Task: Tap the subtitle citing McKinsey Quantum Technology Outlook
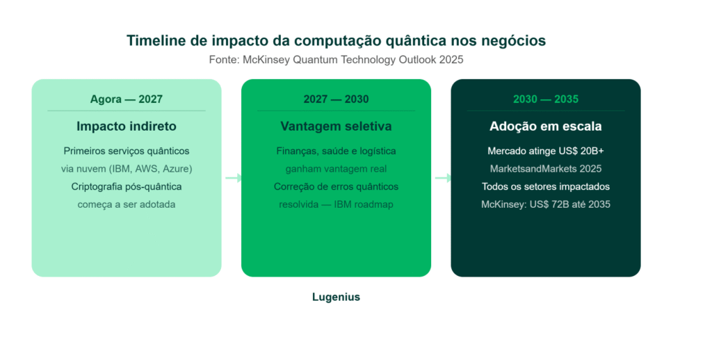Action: point(336,60)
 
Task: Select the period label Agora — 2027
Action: point(127,99)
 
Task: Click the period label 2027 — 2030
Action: point(336,99)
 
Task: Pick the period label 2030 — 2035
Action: point(546,99)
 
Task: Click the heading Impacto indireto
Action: point(127,126)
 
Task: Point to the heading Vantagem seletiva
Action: point(336,126)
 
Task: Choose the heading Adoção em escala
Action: point(546,126)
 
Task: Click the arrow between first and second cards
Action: point(234,178)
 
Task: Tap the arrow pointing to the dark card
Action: point(443,178)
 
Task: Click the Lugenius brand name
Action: point(336,297)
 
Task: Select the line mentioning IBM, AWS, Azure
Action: point(127,169)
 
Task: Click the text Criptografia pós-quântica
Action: point(127,186)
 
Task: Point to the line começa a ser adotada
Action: point(127,204)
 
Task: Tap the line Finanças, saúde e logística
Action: point(336,151)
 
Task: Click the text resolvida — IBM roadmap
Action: point(336,204)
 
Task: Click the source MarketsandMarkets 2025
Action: point(546,169)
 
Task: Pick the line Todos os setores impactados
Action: point(546,186)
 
